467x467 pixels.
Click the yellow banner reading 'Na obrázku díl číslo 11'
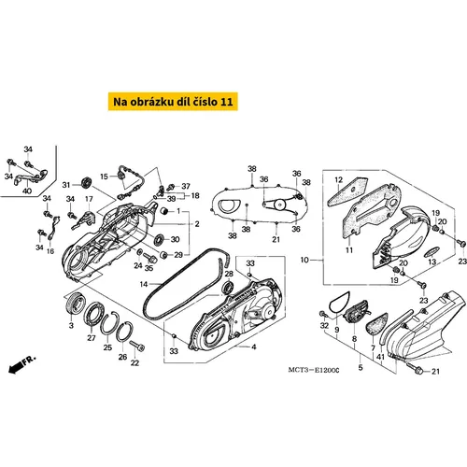point(173,102)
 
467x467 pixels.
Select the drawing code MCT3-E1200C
point(314,370)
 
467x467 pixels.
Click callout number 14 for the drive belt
point(144,284)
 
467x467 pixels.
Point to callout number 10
point(304,260)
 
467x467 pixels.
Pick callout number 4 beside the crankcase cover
point(254,347)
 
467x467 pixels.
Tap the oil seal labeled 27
point(92,314)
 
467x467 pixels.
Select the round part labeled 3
point(76,304)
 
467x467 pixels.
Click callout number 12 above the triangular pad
point(338,180)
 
